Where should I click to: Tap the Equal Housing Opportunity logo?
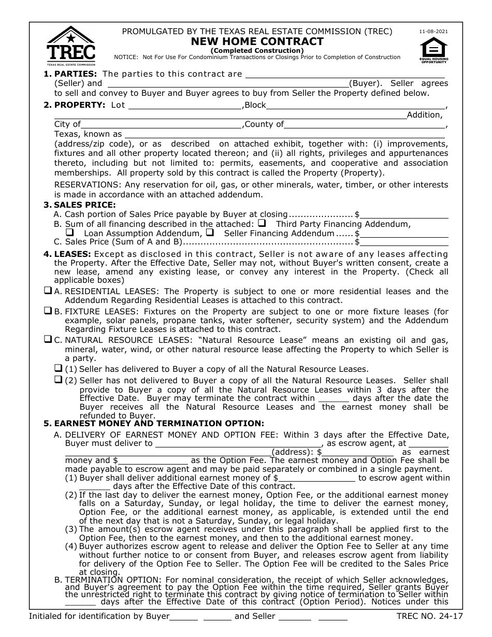[x=433, y=50]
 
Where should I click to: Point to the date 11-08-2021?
[x=433, y=32]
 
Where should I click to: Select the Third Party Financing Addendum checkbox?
[x=262, y=224]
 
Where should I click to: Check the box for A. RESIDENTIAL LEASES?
[x=48, y=291]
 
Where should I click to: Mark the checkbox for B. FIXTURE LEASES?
[x=48, y=311]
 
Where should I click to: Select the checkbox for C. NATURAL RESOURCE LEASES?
[x=48, y=340]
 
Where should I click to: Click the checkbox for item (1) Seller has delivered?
[x=59, y=369]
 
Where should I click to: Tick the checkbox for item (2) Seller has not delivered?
[x=59, y=380]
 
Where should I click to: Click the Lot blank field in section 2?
[x=185, y=106]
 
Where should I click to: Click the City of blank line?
[x=162, y=125]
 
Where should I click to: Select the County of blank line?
[x=365, y=125]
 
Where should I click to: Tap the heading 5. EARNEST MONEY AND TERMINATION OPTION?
[x=154, y=423]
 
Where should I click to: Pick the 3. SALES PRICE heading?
[x=80, y=205]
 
